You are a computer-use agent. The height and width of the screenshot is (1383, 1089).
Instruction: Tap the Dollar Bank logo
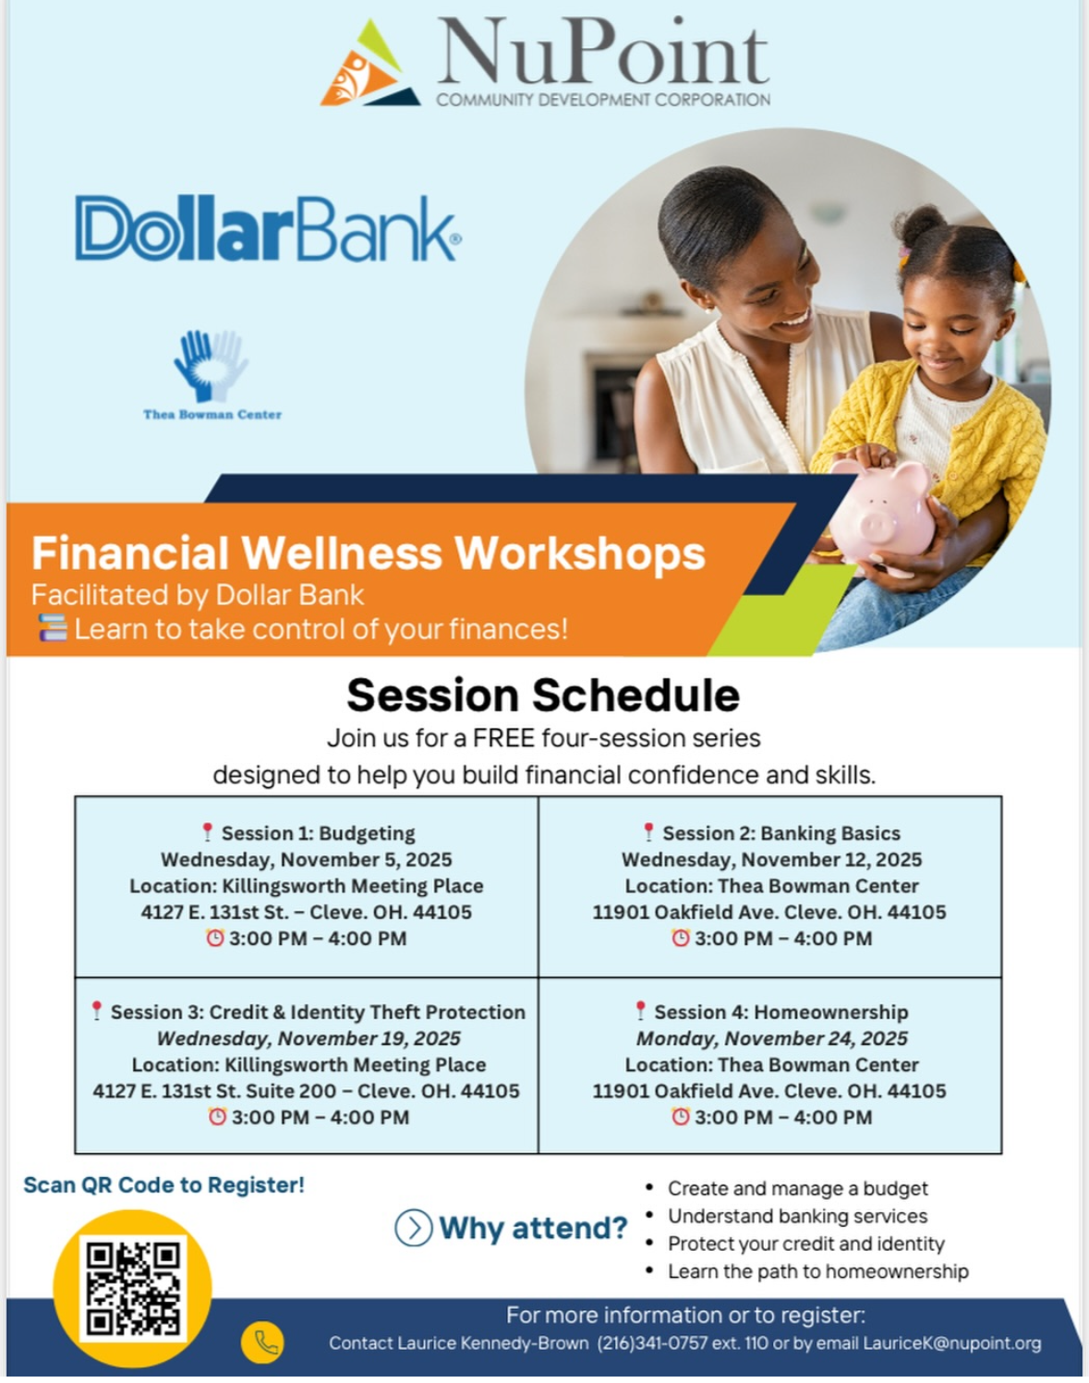coord(269,229)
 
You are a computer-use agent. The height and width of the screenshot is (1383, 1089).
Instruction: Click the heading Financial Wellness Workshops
coord(369,552)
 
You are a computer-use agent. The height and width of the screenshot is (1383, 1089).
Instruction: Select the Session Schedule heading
coord(543,696)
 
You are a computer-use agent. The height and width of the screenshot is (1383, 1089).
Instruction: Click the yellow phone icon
coord(262,1342)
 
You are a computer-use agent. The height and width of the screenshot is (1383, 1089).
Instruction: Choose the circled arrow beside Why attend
coord(413,1228)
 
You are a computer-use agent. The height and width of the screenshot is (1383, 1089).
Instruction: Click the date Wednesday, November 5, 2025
coord(307,859)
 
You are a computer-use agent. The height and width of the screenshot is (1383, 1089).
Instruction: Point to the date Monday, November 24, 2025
coord(771,1037)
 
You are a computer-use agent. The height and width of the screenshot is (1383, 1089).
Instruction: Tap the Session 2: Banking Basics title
coord(781,833)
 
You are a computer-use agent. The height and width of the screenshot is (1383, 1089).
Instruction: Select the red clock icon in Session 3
coord(217,1116)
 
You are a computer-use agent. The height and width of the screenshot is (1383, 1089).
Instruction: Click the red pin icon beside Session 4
coord(640,1011)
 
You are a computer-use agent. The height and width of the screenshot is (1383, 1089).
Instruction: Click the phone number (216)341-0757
coord(652,1343)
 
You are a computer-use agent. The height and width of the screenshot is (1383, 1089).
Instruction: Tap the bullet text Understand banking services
coord(798,1216)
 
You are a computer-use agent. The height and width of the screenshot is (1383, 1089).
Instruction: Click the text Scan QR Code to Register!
coord(163,1184)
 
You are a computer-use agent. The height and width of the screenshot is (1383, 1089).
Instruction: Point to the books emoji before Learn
coord(53,628)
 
